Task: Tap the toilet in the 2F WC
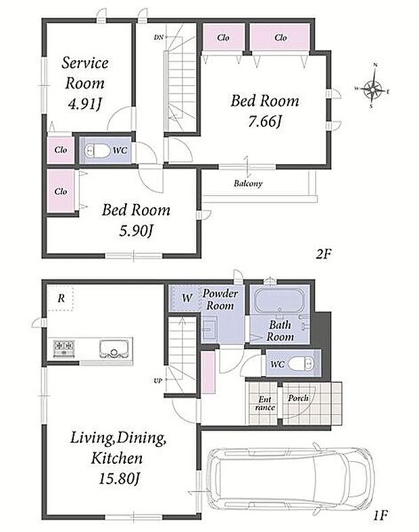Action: tap(98, 151)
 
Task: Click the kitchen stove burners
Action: tap(64, 347)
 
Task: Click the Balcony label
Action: tap(248, 184)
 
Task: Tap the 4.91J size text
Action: tap(85, 104)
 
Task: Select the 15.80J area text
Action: tap(120, 479)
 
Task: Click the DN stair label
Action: tap(159, 37)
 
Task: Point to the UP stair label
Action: tap(158, 381)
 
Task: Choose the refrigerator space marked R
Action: tap(61, 298)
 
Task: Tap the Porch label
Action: tap(299, 398)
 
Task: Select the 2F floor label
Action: tap(323, 253)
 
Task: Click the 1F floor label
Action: tap(380, 515)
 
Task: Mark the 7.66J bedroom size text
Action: tap(265, 121)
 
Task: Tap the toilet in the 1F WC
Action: tap(301, 365)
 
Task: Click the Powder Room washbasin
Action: tap(210, 329)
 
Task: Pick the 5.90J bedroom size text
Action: tap(136, 230)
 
